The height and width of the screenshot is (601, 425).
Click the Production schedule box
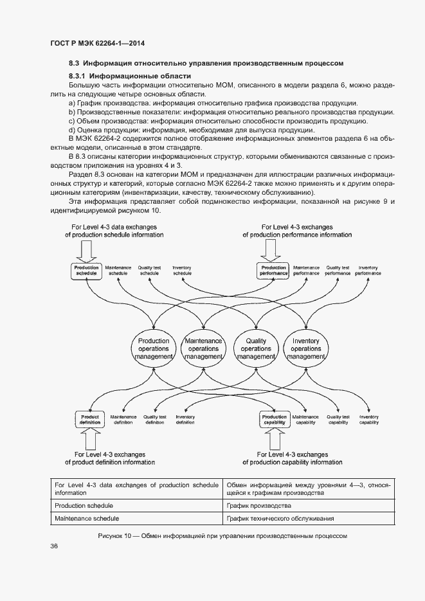(x=86, y=271)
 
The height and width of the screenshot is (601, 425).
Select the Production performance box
(x=273, y=271)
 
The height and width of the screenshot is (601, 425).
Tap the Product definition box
(x=89, y=419)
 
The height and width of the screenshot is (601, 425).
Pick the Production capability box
(x=275, y=419)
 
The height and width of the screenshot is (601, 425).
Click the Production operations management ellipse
(x=154, y=349)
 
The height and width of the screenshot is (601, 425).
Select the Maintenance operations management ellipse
(x=203, y=349)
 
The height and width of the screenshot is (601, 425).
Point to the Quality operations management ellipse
(x=256, y=349)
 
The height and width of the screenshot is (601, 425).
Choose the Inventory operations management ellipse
(x=306, y=349)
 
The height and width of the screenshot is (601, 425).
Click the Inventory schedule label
(x=183, y=271)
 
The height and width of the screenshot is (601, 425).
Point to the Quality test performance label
(x=338, y=271)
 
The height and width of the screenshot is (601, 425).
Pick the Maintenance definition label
(x=123, y=419)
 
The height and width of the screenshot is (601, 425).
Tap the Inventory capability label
(x=369, y=419)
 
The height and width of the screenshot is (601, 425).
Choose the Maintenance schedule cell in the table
(x=87, y=518)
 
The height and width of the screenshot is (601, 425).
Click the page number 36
(x=54, y=546)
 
